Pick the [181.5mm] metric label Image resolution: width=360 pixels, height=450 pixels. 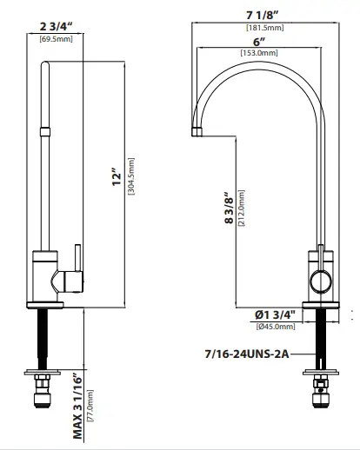pyautogui.click(x=260, y=27)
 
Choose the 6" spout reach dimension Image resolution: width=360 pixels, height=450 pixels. pyautogui.click(x=258, y=43)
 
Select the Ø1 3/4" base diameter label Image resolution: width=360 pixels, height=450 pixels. pyautogui.click(x=275, y=314)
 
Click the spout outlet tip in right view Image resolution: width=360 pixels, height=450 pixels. pyautogui.click(x=197, y=132)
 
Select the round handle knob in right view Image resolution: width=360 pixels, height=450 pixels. pyautogui.click(x=320, y=280)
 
